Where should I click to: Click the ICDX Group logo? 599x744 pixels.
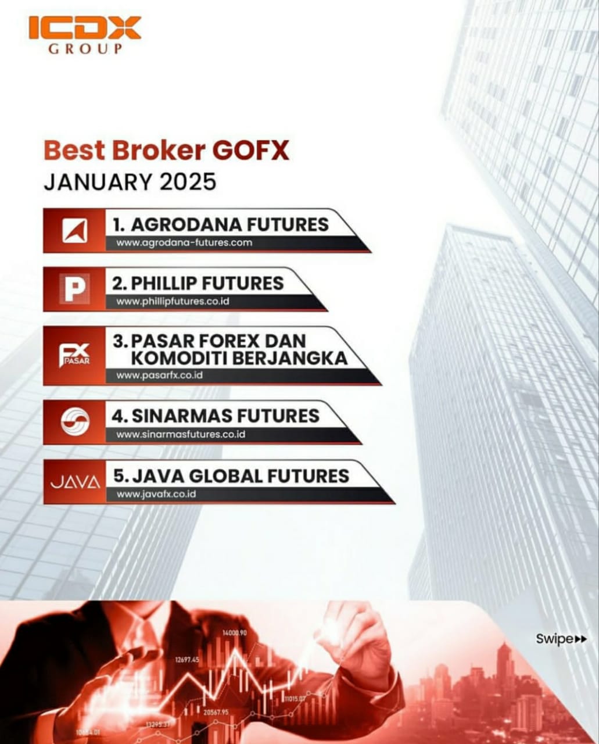click(84, 35)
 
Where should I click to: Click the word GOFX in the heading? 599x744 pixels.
click(250, 151)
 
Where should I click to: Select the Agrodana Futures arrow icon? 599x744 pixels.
click(75, 231)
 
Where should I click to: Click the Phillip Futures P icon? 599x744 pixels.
click(75, 289)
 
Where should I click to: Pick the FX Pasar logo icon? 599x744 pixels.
click(75, 355)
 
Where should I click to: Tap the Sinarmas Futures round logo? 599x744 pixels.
click(75, 421)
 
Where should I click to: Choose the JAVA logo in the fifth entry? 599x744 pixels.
click(75, 482)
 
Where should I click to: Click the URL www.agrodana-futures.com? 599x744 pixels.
click(184, 243)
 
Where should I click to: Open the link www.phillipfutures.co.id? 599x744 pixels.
click(173, 302)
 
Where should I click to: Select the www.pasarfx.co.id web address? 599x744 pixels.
click(159, 375)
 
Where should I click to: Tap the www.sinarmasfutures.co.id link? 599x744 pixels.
click(181, 434)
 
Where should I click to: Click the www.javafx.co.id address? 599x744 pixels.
click(156, 494)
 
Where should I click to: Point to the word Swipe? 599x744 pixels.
click(554, 639)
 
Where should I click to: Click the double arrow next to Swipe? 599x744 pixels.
click(580, 639)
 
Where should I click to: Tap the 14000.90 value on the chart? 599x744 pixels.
click(234, 632)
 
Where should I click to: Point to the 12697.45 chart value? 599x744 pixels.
click(187, 660)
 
